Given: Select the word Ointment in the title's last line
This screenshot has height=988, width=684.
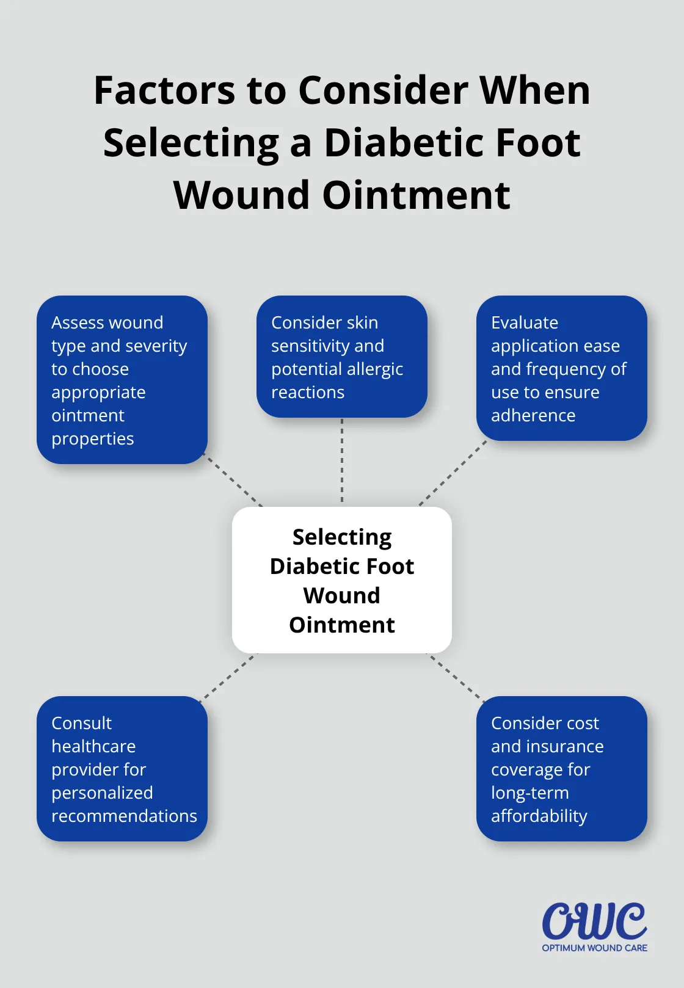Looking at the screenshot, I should click(x=416, y=195).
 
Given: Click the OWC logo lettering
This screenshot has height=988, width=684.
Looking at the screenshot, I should click(x=594, y=921).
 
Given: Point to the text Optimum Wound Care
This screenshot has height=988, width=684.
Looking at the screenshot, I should click(x=594, y=948).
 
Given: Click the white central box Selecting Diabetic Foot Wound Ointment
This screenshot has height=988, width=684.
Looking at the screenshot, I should click(x=342, y=580).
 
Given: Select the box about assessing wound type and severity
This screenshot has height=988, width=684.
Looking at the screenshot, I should click(x=122, y=380).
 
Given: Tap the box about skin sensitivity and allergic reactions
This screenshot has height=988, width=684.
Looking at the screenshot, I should click(x=342, y=357).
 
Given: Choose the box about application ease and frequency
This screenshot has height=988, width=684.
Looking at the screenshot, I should click(x=561, y=368).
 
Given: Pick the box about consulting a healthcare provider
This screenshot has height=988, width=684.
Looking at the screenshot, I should click(x=122, y=769).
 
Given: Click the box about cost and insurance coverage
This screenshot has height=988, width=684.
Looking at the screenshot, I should click(x=561, y=769).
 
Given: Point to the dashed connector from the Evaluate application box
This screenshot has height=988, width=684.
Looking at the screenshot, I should click(x=453, y=473).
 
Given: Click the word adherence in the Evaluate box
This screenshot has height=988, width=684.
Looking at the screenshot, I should click(x=533, y=415).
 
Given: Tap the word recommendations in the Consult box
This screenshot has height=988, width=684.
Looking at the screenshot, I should click(x=124, y=816).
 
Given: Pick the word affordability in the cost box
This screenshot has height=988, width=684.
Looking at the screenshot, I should click(x=539, y=816).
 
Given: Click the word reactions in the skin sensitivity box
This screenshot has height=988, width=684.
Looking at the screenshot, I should click(x=308, y=392).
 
